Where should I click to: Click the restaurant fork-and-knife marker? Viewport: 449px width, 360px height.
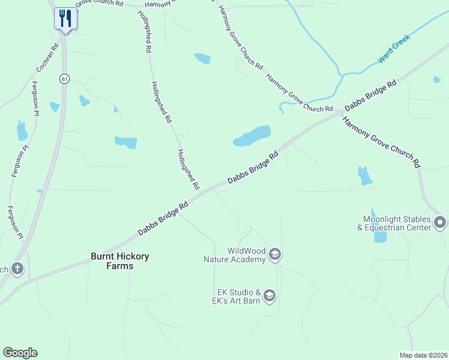point(65,18)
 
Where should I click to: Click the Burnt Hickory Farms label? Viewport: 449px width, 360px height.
point(119,260)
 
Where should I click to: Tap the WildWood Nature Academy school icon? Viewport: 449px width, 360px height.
point(275,254)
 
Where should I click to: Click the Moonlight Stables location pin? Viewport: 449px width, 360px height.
point(440,223)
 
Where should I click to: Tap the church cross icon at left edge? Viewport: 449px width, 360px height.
point(17,268)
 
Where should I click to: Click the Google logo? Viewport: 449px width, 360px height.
point(20,353)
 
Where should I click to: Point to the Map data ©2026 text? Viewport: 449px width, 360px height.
point(423,355)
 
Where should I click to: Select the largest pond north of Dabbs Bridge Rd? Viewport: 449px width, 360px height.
point(253,136)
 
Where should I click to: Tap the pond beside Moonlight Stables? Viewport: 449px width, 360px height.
point(380,235)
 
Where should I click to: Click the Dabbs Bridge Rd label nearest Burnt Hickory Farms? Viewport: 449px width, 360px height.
point(163,217)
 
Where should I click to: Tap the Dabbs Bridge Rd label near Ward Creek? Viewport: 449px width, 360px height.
point(370,96)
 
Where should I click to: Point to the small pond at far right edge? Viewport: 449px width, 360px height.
point(437,79)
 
